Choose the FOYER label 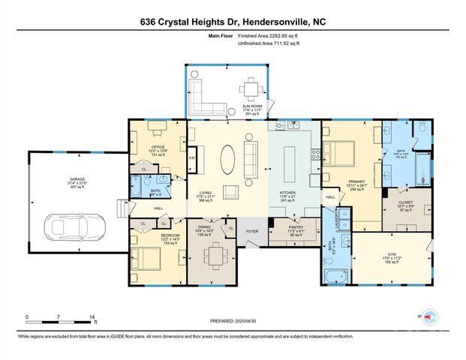(x=253, y=231)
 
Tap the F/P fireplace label (x=191, y=158)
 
